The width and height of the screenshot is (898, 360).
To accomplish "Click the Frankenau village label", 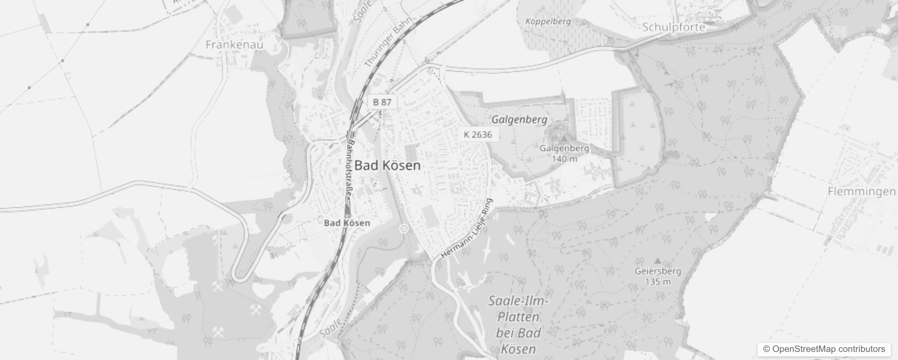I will click(x=234, y=45).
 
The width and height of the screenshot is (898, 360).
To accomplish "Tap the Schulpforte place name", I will click(x=673, y=27).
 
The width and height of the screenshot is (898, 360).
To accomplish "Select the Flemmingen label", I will click(x=862, y=191).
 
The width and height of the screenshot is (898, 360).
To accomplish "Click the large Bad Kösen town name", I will click(x=387, y=165).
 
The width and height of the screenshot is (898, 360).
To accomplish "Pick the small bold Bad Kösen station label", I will click(x=347, y=223).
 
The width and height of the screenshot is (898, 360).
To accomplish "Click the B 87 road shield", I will click(x=382, y=102).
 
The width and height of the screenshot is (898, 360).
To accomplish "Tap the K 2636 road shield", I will click(x=477, y=135).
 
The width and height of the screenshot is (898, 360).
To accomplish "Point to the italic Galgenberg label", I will click(x=519, y=119).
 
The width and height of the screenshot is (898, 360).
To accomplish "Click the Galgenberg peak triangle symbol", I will click(x=564, y=138).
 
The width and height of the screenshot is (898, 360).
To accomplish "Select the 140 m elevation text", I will click(x=564, y=158).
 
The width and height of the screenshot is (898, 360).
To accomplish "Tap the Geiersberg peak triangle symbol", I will click(x=657, y=261).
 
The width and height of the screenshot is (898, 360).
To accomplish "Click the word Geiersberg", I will click(x=657, y=271).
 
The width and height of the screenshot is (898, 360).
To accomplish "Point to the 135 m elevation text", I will click(x=658, y=282).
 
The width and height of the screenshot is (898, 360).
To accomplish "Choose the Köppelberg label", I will click(x=548, y=21).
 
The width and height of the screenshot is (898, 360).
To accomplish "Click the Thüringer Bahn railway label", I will click(x=382, y=46).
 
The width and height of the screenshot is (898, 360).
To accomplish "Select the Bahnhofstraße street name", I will click(x=350, y=167).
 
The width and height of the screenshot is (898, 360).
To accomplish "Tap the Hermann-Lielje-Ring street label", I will click(x=467, y=229).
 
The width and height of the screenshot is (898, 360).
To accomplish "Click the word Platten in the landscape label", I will click(x=518, y=317).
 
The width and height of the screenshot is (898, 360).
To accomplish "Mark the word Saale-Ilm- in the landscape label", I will click(x=518, y=301).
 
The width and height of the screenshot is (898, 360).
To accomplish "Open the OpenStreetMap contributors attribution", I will click(x=824, y=349).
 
